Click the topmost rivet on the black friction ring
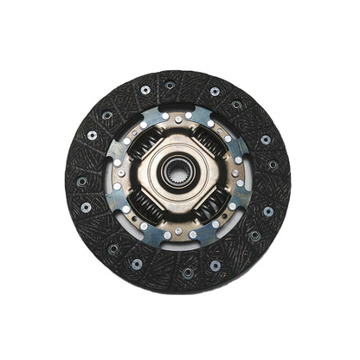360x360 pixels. pos(170,85)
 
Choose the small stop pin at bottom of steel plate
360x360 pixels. pos(178,232)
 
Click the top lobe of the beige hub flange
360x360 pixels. pos(179,140)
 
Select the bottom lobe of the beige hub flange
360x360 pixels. pos(178,213)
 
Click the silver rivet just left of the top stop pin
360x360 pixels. pos(164,115)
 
